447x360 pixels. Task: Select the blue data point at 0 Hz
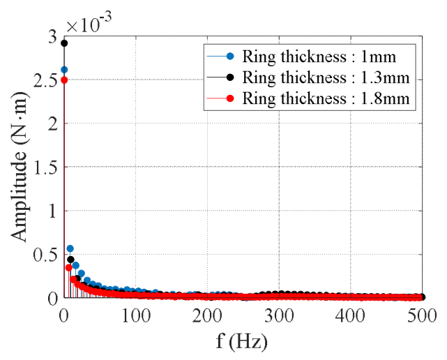click(64, 70)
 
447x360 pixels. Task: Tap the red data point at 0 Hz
click(64, 80)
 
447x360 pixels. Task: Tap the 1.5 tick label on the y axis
click(45, 167)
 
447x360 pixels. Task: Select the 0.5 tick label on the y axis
click(45, 254)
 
